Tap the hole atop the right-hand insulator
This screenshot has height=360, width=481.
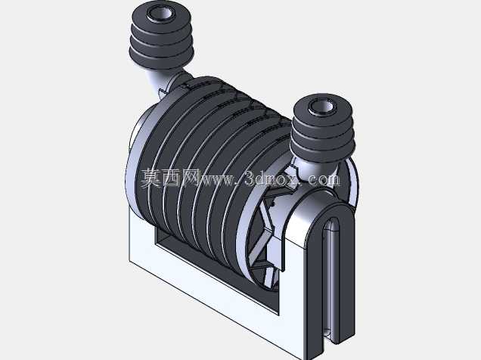tap(321, 107)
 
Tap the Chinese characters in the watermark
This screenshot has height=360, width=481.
tap(171, 178)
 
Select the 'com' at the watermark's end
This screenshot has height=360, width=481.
tap(324, 180)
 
